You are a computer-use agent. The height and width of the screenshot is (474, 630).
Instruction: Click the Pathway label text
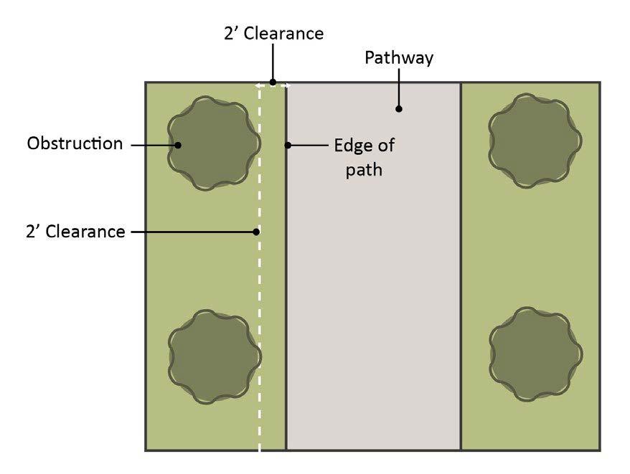[398, 58]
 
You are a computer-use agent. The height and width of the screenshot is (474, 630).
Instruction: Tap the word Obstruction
[75, 143]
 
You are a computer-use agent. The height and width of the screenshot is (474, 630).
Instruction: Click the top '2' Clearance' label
[272, 34]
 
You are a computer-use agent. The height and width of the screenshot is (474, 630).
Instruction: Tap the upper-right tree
[535, 141]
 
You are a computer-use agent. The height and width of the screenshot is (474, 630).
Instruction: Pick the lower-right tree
[535, 354]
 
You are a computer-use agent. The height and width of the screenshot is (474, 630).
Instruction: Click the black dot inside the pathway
[399, 110]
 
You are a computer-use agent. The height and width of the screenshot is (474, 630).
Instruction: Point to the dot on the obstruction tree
[178, 145]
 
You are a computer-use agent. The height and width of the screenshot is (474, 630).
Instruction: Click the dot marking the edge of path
[288, 146]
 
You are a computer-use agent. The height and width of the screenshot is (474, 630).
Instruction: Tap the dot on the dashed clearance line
[257, 232]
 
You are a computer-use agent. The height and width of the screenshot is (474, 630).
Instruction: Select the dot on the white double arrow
[273, 82]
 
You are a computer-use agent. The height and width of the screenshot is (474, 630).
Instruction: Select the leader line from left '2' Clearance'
[194, 232]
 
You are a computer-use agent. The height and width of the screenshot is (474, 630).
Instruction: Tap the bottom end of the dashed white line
[259, 448]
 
